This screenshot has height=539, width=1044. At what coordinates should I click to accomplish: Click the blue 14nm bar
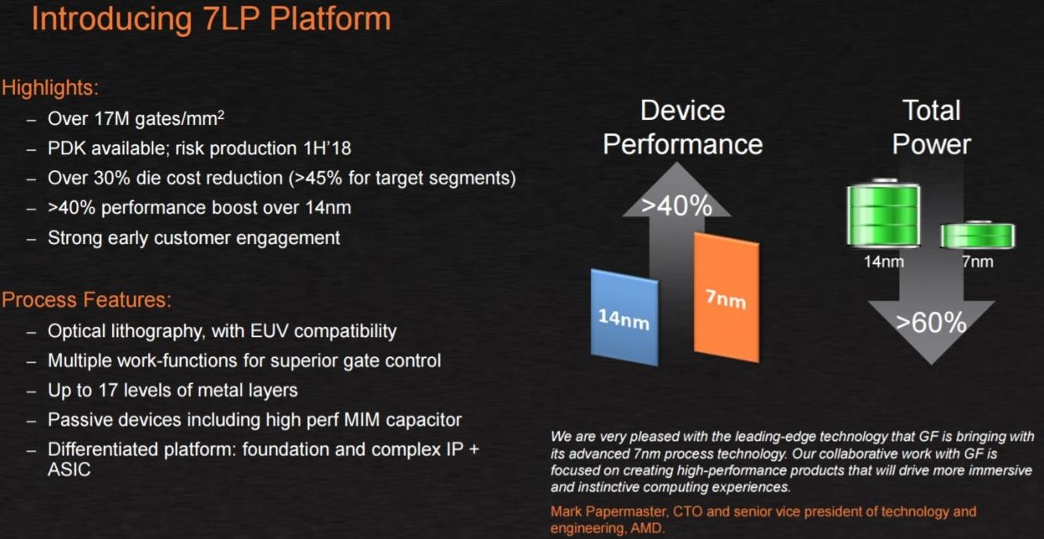[x=624, y=318]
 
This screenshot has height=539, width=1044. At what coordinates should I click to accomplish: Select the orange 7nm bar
[x=726, y=298]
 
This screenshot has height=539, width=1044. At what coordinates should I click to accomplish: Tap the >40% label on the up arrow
[x=677, y=205]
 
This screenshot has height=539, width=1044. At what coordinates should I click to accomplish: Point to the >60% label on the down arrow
[x=931, y=322]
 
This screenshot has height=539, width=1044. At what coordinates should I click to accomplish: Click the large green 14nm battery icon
[x=883, y=213]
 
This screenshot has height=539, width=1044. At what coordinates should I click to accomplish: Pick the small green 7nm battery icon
[x=977, y=235]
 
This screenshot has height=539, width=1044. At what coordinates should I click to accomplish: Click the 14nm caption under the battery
[x=884, y=262]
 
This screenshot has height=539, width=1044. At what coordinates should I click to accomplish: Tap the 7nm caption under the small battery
[x=977, y=262]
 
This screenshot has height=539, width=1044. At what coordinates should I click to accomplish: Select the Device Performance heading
[x=683, y=127]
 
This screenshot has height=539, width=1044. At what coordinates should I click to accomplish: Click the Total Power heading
[x=931, y=127]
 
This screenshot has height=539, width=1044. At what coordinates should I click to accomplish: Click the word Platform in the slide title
[x=330, y=18]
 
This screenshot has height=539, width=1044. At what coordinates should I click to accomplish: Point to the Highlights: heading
[x=50, y=88]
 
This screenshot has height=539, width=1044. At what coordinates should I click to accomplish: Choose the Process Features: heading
[x=86, y=299]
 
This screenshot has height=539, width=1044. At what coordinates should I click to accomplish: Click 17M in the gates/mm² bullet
[x=111, y=118]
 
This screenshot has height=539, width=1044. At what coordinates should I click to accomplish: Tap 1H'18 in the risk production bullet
[x=327, y=148]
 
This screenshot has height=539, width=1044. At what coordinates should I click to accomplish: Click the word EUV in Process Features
[x=269, y=331]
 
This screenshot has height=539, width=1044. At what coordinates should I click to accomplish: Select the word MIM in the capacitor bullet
[x=362, y=420]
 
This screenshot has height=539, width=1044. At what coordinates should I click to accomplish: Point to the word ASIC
[x=69, y=469]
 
